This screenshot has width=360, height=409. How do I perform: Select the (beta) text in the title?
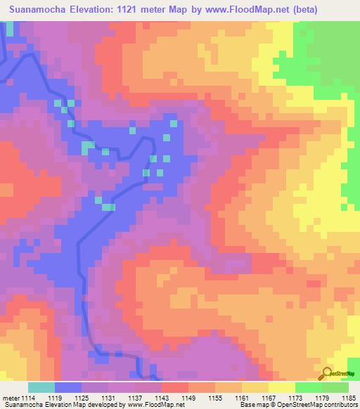coord(301,10)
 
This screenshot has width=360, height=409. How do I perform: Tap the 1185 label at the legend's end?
coord(349,398)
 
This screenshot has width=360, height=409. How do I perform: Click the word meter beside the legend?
coord(10,398)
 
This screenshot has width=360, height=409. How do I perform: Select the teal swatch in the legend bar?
coord(41,387)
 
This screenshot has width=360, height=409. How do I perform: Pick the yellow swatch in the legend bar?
coord(282,387)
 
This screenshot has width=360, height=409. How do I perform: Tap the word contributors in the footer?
coord(339,405)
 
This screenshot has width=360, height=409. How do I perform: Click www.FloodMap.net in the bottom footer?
coord(149,405)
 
